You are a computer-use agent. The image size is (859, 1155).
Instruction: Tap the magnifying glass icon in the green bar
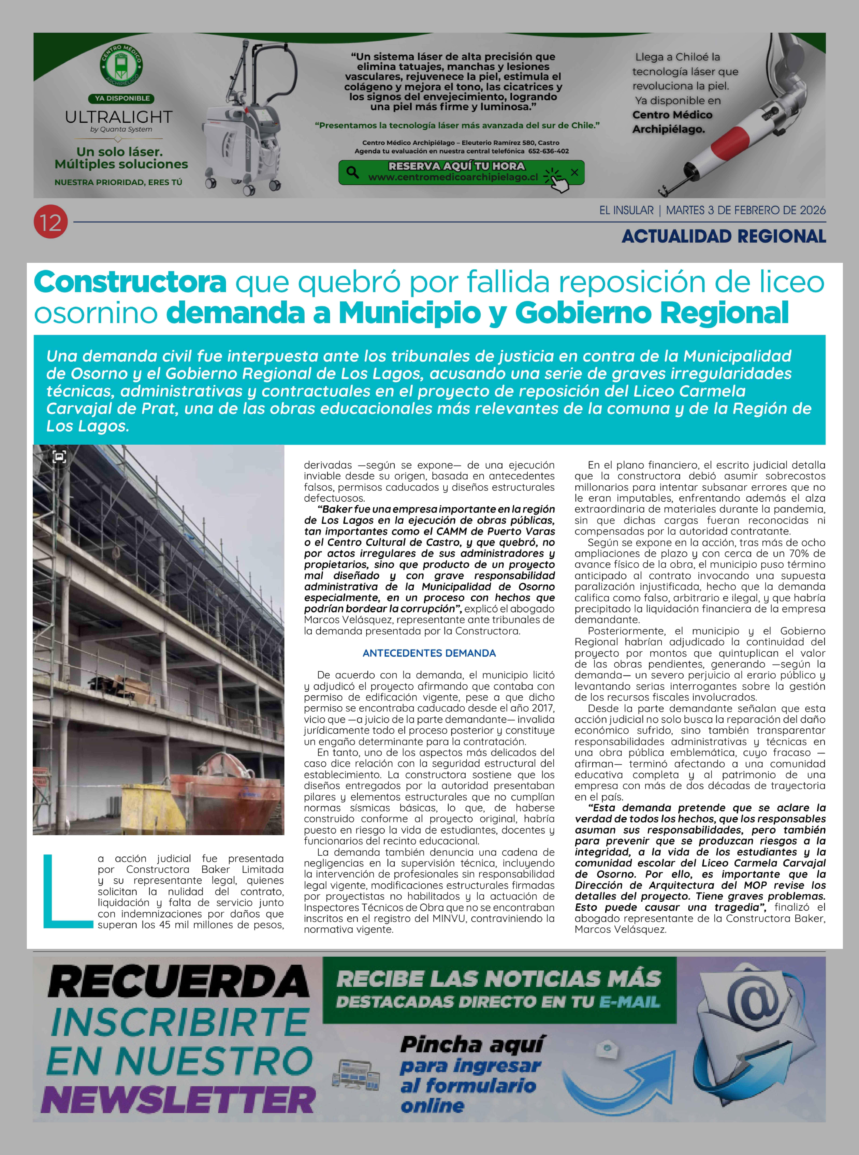(x=353, y=172)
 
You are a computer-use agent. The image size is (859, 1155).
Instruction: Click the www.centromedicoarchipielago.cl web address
(x=453, y=177)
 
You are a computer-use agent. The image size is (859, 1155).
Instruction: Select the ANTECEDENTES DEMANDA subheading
(x=429, y=653)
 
